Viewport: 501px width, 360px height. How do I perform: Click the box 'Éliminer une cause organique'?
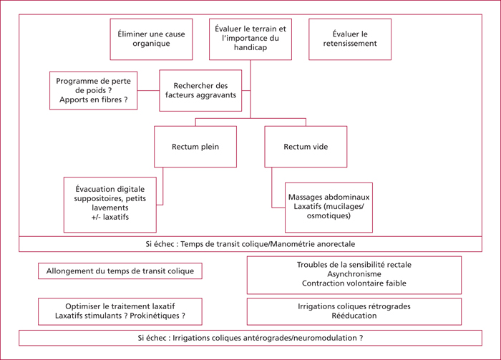[151, 39]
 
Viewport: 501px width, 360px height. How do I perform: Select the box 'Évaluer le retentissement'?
[350, 39]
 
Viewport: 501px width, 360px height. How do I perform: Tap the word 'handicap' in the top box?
[250, 48]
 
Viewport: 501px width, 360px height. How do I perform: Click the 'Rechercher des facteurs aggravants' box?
[200, 90]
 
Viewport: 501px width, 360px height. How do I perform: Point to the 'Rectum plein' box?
[195, 147]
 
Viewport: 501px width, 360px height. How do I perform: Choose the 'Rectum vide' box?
[306, 147]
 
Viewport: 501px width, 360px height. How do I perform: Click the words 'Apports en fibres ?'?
[93, 99]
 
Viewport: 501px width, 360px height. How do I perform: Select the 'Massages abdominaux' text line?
[329, 197]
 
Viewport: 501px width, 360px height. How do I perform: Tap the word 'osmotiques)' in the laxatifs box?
[329, 215]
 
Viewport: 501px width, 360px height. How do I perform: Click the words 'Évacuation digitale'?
[110, 189]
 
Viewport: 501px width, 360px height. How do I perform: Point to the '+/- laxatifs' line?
[110, 217]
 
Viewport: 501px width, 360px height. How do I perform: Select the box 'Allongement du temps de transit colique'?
[120, 271]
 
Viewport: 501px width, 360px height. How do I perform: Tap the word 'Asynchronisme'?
[354, 274]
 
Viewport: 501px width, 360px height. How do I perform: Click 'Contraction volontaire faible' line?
[354, 283]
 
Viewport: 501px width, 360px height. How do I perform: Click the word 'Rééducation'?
[354, 316]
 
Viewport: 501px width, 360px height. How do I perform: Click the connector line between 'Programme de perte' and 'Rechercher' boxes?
[148, 90]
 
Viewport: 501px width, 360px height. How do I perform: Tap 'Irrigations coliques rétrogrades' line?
[354, 306]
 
